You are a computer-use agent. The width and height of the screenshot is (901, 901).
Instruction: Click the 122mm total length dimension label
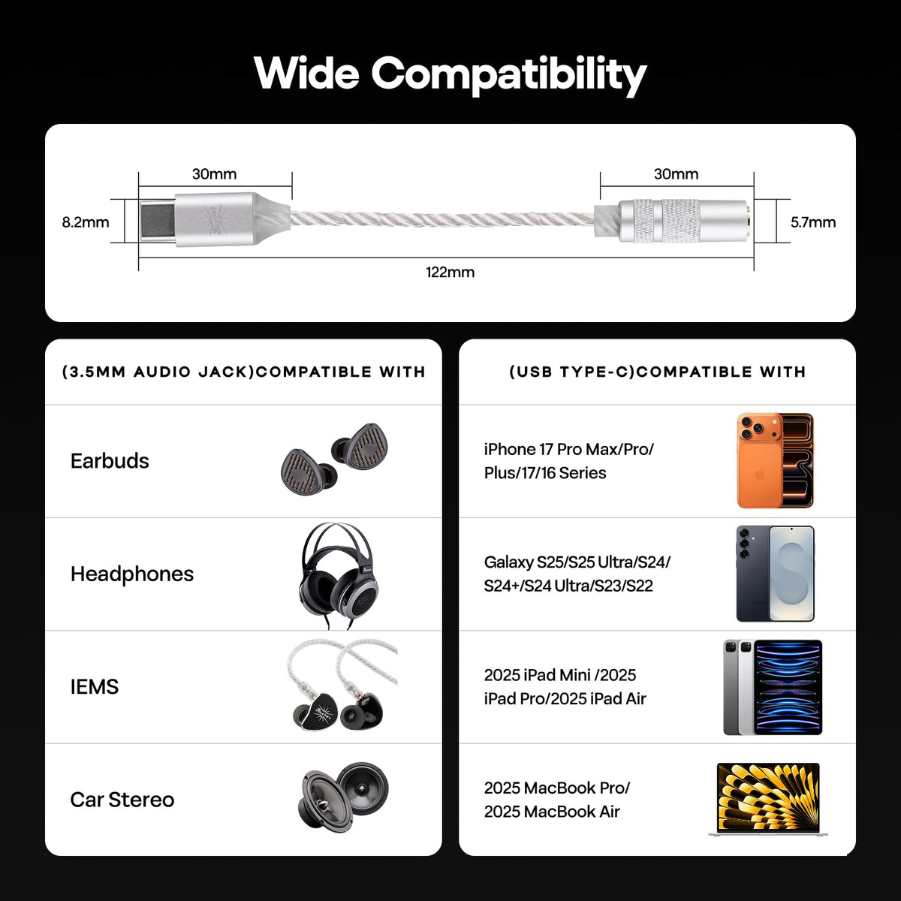pyautogui.click(x=450, y=272)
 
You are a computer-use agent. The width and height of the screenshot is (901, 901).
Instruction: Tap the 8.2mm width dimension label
pyautogui.click(x=86, y=222)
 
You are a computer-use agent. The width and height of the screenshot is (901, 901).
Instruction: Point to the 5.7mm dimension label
pyautogui.click(x=813, y=222)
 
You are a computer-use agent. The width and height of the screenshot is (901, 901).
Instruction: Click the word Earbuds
pyautogui.click(x=110, y=461)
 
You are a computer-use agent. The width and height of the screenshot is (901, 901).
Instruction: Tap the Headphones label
pyautogui.click(x=132, y=574)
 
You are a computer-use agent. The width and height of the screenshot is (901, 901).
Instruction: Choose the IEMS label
pyautogui.click(x=95, y=687)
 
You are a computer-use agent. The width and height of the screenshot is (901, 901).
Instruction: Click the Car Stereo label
pyautogui.click(x=122, y=800)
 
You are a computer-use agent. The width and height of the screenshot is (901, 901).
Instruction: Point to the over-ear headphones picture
pyautogui.click(x=339, y=576)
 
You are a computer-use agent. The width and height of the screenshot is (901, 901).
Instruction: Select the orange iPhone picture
pyautogui.click(x=775, y=460)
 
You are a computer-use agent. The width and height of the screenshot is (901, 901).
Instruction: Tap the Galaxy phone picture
pyautogui.click(x=775, y=574)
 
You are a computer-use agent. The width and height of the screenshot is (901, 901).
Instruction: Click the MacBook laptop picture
pyautogui.click(x=768, y=800)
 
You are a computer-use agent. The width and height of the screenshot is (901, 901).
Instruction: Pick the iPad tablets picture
pyautogui.click(x=773, y=687)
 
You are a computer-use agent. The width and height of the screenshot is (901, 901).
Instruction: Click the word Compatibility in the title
pyautogui.click(x=509, y=75)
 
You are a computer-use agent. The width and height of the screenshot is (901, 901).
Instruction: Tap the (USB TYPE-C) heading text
pyautogui.click(x=572, y=372)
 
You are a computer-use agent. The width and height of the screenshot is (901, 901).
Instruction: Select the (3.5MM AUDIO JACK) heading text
pyautogui.click(x=158, y=372)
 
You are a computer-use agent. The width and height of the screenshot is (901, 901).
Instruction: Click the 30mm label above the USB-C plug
pyautogui.click(x=214, y=174)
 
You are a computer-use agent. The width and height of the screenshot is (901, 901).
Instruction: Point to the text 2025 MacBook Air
pyautogui.click(x=552, y=812)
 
